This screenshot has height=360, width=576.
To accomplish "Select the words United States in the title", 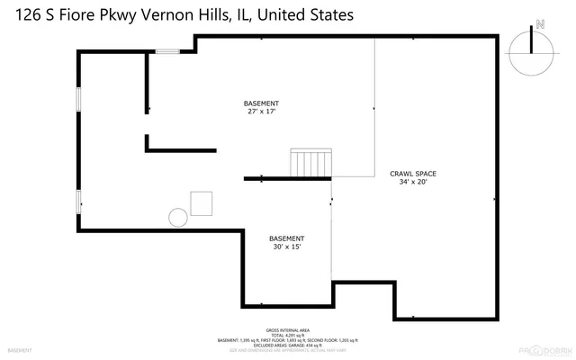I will [x=306, y=15].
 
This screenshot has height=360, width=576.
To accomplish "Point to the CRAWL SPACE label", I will [x=413, y=172].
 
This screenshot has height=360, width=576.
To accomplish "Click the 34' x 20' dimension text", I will [x=413, y=181].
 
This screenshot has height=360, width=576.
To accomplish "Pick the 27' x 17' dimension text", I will [x=261, y=112].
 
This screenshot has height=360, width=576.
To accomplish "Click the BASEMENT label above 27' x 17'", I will [x=261, y=103].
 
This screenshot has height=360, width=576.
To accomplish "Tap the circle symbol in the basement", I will [x=178, y=216].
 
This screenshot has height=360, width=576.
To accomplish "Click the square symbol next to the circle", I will [x=201, y=202].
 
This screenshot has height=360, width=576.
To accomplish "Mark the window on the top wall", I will [x=167, y=51].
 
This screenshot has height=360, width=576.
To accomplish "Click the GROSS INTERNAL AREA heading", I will [x=287, y=330].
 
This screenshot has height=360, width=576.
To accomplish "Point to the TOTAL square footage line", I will [x=287, y=336].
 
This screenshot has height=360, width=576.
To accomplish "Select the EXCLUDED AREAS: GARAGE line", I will [x=287, y=346].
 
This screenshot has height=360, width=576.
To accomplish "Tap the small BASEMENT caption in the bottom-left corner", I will [x=19, y=349].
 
